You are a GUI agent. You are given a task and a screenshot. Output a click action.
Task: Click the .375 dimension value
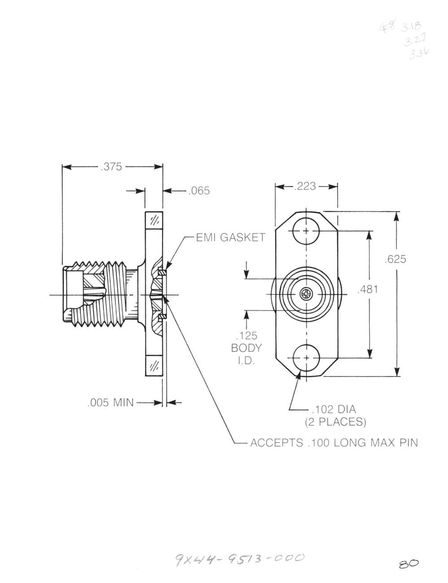pyautogui.click(x=112, y=167)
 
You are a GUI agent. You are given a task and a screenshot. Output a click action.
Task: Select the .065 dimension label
pyautogui.click(x=199, y=191)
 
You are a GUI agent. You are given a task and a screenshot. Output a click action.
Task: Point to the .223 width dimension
pyautogui.click(x=305, y=186)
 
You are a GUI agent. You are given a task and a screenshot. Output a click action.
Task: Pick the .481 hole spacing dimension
pyautogui.click(x=368, y=289)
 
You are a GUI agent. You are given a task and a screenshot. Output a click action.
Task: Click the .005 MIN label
pyautogui.click(x=110, y=402)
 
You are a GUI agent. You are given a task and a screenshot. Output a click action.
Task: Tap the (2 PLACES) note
pyautogui.click(x=335, y=422)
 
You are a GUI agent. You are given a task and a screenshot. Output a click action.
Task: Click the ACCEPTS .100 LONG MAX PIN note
pyautogui.click(x=334, y=443)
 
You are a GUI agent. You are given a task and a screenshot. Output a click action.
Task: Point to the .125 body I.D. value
pyautogui.click(x=246, y=335)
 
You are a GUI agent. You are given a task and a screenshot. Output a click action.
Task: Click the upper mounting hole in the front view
pyautogui.click(x=306, y=232)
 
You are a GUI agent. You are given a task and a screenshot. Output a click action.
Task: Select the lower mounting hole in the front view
pyautogui.click(x=306, y=358)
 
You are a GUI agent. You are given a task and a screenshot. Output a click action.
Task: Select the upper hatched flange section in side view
pyautogui.click(x=154, y=220)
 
